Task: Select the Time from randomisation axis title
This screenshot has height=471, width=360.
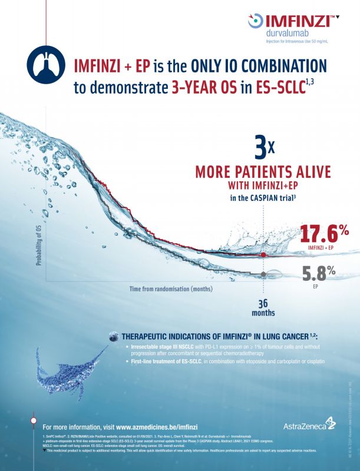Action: pos(171,289)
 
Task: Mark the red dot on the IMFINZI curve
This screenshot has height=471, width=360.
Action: pos(263,254)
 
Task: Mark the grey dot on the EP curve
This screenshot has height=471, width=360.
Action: pos(263,274)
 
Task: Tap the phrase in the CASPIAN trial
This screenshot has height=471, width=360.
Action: pos(262,200)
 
